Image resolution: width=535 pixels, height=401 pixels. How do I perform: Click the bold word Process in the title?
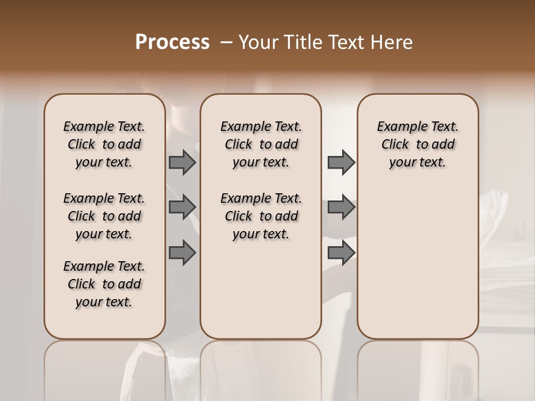(172, 42)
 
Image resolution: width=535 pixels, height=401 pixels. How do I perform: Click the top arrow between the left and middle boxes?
(182, 162)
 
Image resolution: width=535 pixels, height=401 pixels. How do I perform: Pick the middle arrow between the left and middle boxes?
(182, 207)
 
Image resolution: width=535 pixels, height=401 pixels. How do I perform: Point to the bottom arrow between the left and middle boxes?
(182, 252)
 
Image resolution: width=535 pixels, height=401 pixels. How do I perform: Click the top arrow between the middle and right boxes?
(341, 162)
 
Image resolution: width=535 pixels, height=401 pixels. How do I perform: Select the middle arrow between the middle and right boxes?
(341, 207)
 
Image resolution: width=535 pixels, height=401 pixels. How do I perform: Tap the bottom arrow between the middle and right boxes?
(341, 252)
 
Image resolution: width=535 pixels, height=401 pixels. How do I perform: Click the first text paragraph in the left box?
(104, 144)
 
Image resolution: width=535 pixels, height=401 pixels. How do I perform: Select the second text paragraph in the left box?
(104, 216)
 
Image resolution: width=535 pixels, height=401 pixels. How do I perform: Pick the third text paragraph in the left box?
(104, 284)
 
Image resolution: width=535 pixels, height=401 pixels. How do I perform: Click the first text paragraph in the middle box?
(261, 144)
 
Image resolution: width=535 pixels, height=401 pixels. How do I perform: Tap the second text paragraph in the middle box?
(261, 216)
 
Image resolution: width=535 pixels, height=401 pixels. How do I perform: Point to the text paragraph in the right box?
(418, 144)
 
